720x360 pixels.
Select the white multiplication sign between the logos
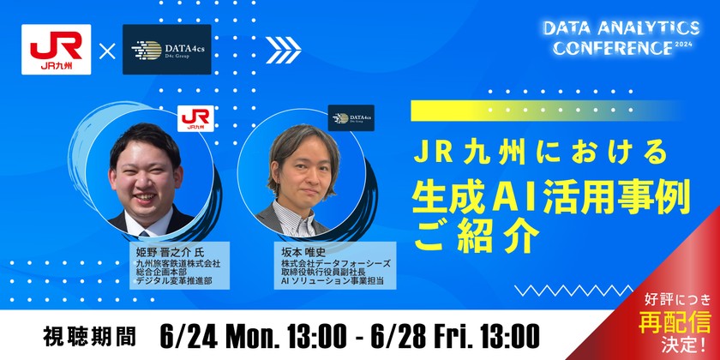107,51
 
